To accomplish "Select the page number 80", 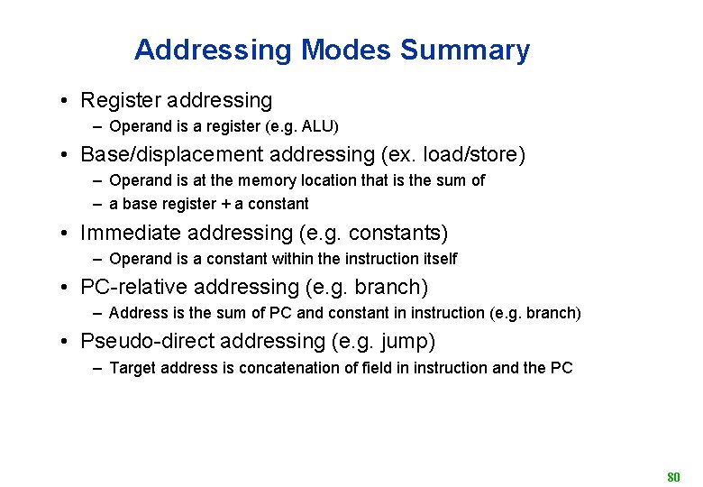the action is tap(673, 475).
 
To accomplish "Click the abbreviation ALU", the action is tap(320, 126).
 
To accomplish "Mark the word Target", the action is tap(132, 367).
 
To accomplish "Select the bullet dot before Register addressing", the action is tap(67, 101).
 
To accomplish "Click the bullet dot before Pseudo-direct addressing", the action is tap(67, 342).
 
